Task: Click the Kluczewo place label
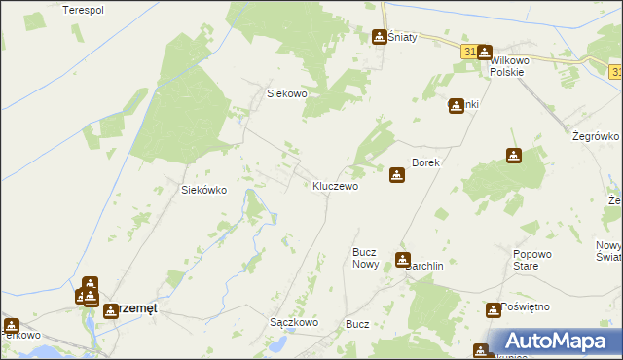[335, 185]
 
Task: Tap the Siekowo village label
[287, 93]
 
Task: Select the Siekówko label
[204, 191]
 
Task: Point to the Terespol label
[83, 10]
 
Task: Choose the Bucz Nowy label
[365, 258]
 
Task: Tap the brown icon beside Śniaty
[379, 37]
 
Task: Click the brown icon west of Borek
[397, 175]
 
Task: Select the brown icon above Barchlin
[403, 259]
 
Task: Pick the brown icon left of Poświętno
[493, 309]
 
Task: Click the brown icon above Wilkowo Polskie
[484, 53]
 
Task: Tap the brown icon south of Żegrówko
[513, 155]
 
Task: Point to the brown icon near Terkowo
[11, 326]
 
